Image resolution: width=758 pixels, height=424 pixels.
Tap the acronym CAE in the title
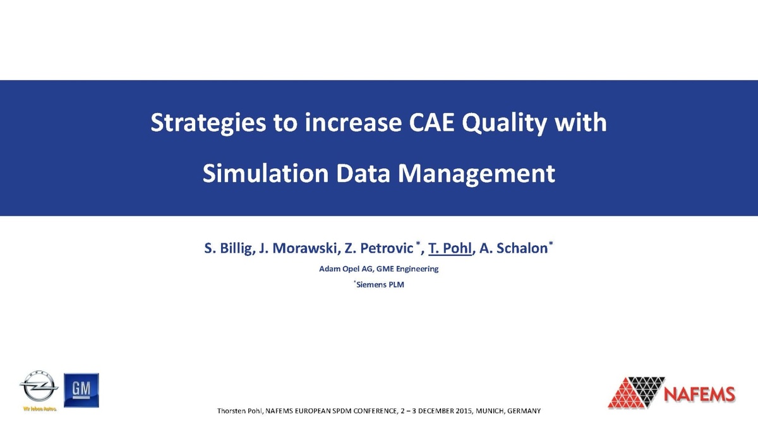tap(430, 123)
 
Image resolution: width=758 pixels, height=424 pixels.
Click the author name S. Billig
tap(229, 248)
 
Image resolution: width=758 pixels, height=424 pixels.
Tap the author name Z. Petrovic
tap(378, 248)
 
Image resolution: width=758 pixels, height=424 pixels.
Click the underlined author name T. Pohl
tap(450, 248)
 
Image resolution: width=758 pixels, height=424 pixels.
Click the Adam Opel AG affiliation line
tap(378, 269)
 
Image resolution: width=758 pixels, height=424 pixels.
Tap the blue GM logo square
tap(81, 390)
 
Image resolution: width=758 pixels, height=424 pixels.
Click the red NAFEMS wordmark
tap(700, 394)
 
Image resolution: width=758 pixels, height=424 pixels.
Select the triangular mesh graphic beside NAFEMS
tap(634, 392)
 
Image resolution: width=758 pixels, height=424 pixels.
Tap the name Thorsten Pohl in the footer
tap(239, 411)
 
